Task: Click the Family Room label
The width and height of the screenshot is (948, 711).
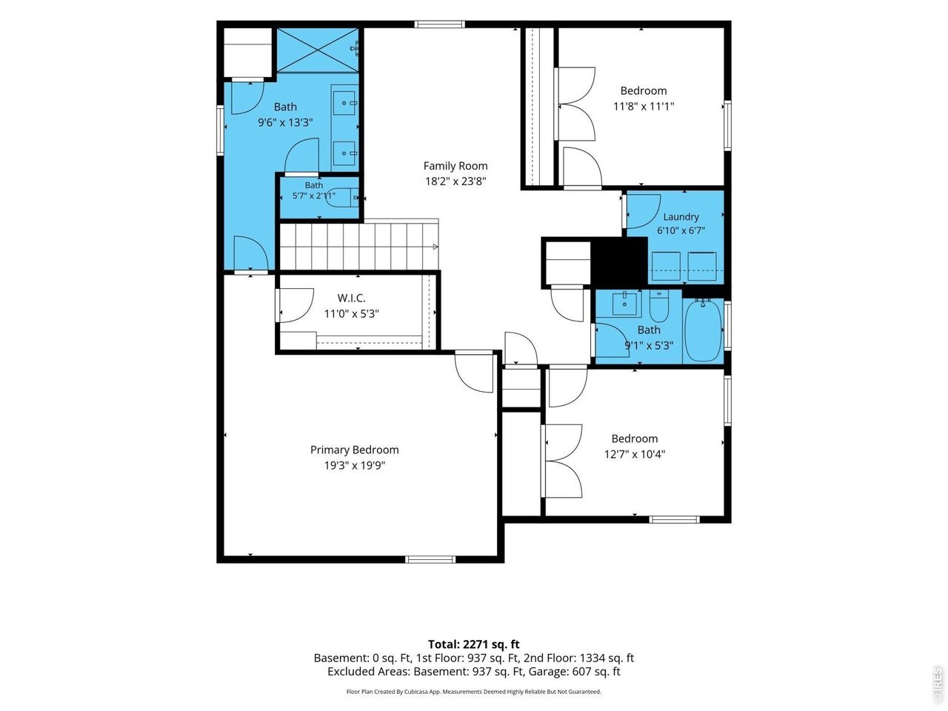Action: pyautogui.click(x=455, y=166)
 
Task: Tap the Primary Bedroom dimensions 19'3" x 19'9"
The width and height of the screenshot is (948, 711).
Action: pyautogui.click(x=355, y=465)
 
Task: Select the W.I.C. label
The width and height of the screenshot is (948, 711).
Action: pyautogui.click(x=351, y=298)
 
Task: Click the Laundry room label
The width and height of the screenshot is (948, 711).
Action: pyautogui.click(x=681, y=217)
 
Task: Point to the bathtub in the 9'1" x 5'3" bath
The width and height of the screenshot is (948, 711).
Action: pyautogui.click(x=703, y=330)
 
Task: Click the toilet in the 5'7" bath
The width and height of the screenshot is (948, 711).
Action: pyautogui.click(x=342, y=198)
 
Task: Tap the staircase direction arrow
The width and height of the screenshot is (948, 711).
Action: pyautogui.click(x=435, y=247)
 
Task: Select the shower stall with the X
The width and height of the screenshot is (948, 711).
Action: pyautogui.click(x=318, y=50)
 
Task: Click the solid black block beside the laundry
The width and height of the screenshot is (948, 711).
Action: pyautogui.click(x=619, y=262)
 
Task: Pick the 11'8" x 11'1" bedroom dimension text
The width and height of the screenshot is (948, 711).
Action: pyautogui.click(x=644, y=106)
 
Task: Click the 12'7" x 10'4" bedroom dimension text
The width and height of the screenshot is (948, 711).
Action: pyautogui.click(x=635, y=454)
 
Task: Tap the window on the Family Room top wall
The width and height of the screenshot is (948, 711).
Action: pyautogui.click(x=440, y=24)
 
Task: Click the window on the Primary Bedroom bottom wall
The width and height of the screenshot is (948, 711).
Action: pyautogui.click(x=430, y=559)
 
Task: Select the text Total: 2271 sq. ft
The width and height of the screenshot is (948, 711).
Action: pyautogui.click(x=474, y=644)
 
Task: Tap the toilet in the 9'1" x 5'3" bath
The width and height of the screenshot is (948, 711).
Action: pyautogui.click(x=659, y=305)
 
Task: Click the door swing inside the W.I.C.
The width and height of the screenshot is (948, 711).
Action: pyautogui.click(x=296, y=305)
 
